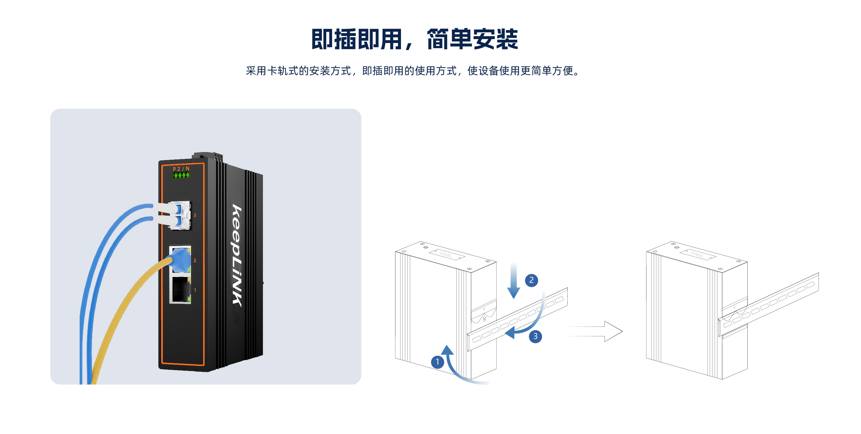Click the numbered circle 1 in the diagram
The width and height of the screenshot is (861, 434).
point(437,362)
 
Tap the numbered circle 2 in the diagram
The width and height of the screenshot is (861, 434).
point(531,280)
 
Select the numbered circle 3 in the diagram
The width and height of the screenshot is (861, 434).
point(535,336)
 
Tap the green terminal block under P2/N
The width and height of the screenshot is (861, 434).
point(181,175)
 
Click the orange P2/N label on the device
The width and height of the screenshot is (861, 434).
point(181,169)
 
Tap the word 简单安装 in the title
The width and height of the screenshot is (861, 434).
point(472,39)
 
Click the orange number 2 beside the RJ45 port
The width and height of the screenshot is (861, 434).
point(195,260)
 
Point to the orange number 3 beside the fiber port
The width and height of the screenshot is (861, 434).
point(195,215)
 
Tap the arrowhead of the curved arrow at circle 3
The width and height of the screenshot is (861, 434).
point(510,333)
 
